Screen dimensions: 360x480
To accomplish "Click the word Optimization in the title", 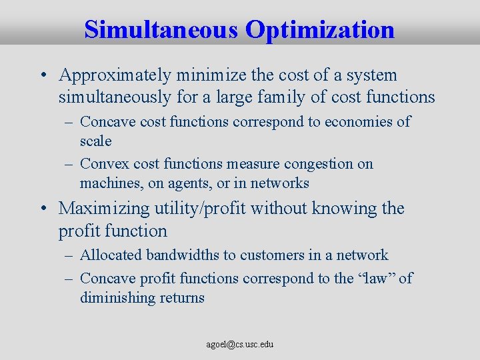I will [x=320, y=30].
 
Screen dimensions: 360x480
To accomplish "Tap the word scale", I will [x=95, y=141].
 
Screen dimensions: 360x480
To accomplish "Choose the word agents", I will [x=183, y=183].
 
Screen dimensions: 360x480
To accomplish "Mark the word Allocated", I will [x=111, y=255].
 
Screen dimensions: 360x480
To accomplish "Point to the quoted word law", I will [x=374, y=278].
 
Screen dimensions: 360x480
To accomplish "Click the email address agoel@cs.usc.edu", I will [x=240, y=345].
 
